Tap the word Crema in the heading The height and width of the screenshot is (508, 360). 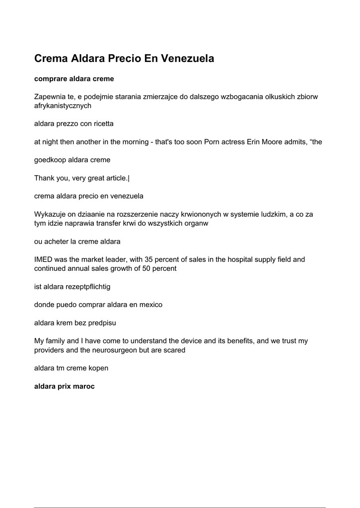(51, 59)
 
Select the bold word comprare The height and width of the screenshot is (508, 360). (50, 79)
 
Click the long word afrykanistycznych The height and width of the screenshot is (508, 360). (63, 106)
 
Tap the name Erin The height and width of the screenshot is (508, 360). (255, 142)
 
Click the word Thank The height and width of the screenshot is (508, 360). (44, 178)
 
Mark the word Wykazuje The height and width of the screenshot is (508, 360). (50, 214)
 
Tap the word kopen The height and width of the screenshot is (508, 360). (99, 368)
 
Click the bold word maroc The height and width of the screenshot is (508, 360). (84, 386)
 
